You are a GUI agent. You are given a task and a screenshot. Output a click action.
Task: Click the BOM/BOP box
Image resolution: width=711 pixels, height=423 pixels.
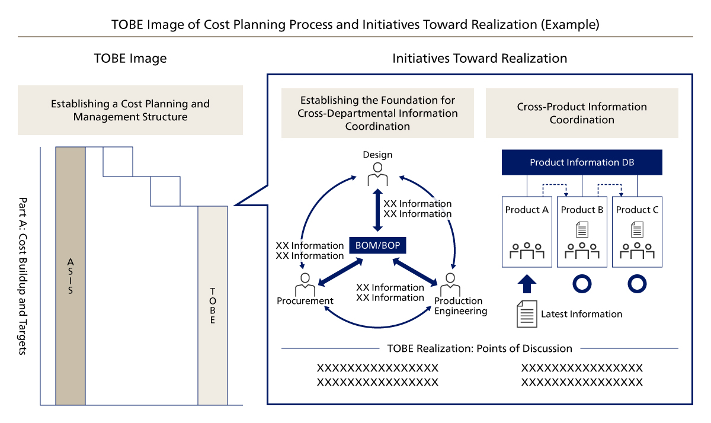377,245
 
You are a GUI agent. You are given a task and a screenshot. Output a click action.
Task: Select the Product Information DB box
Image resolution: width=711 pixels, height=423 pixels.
582,162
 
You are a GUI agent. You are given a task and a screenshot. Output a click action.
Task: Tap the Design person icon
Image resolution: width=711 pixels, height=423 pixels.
377,174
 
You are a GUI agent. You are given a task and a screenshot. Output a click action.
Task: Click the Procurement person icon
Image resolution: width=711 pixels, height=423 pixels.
305,284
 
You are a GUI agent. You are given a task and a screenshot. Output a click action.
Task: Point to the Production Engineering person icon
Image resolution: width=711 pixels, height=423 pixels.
450,284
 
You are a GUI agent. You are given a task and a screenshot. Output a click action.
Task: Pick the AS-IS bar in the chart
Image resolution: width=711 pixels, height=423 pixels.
71,276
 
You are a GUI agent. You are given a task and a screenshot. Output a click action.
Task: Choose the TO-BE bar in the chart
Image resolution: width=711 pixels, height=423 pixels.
213,306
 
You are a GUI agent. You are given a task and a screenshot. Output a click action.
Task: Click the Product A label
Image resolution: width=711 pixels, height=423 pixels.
527,210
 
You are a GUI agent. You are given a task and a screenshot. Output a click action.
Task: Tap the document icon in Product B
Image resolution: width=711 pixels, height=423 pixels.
582,229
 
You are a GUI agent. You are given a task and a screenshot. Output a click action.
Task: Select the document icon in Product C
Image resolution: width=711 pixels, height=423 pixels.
637,229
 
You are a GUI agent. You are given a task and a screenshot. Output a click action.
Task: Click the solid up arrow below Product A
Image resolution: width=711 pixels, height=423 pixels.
527,284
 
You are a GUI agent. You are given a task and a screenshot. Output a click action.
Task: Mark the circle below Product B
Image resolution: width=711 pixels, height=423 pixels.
582,284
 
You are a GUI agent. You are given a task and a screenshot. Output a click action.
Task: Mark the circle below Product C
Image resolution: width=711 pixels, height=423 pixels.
637,284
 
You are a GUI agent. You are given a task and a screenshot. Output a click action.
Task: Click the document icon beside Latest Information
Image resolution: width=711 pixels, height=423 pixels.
527,314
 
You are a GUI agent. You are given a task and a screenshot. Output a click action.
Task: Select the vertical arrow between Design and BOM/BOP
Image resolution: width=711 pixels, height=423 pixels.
377,210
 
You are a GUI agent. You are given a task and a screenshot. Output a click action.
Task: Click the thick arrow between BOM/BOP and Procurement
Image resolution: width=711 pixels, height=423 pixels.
341,272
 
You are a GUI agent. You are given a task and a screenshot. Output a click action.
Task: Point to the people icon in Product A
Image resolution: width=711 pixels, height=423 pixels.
527,251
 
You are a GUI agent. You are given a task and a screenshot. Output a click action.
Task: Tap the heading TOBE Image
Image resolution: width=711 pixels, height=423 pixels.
130,59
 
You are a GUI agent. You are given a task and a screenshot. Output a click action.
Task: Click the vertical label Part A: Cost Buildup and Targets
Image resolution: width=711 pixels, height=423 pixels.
23,276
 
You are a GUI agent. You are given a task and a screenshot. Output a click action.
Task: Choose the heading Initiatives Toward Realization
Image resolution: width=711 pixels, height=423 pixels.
479,59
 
